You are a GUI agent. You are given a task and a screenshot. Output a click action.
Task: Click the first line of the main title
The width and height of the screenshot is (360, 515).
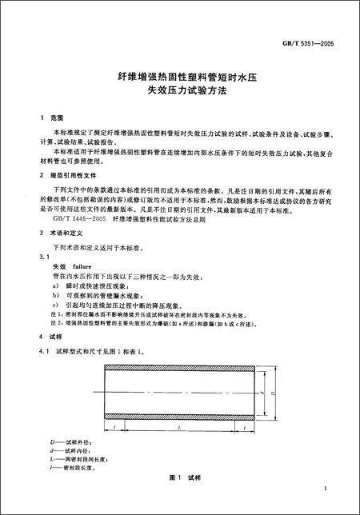[181, 78]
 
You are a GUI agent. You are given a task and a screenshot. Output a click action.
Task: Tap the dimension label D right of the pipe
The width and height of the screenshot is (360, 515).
[274, 394]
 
